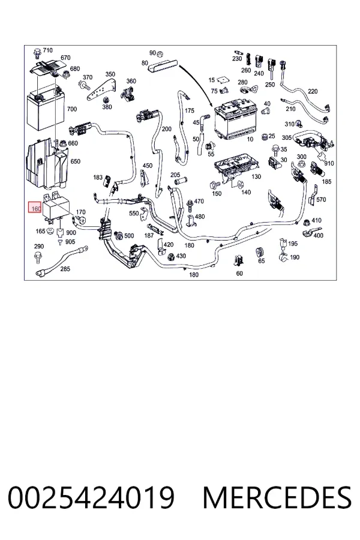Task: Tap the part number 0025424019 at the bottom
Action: coord(91,497)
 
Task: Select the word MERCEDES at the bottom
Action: coord(277,497)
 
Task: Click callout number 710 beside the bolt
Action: coord(47,50)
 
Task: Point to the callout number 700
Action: coord(71,109)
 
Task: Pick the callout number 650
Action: coord(75,161)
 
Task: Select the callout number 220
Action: coord(313,91)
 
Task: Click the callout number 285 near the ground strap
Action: coord(65,269)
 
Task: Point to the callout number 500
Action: coord(129,236)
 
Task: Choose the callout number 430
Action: coord(181,256)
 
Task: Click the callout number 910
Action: coord(329,163)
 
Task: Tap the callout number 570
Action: coord(321,199)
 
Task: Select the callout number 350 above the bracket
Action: coord(110,74)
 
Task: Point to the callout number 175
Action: coord(190,110)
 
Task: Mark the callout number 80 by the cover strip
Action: coord(145,63)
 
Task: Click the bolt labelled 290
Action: coord(38,257)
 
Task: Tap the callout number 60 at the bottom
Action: coord(239,273)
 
